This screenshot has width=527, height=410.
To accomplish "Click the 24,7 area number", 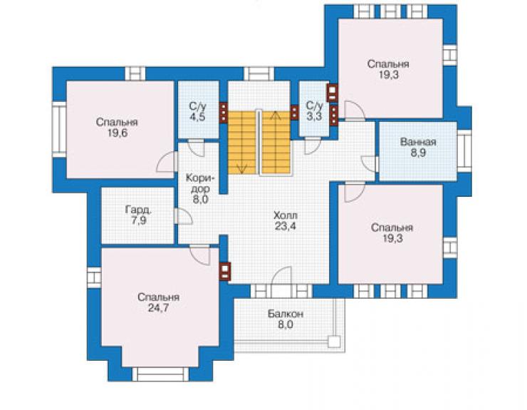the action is point(158,308).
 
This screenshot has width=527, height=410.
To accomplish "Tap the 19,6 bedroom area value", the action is point(118,133).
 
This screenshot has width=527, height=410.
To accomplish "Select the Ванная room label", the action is point(418,142).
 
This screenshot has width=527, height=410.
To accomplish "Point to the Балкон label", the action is point(286,314).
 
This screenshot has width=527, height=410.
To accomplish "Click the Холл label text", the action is point(286,215).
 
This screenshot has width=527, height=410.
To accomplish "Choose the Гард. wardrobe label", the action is point(138,210).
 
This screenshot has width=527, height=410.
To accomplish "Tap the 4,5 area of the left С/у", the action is point(197,118).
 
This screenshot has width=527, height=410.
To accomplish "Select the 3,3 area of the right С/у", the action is point(314,116).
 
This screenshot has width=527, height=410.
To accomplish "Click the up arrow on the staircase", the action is point(276,115).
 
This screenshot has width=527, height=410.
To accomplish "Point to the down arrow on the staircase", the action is point(242,168).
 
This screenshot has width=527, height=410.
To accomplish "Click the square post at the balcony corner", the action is point(334,342).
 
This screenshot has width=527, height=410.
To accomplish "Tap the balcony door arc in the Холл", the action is point(281,276).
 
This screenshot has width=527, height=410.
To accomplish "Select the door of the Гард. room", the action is point(183,217).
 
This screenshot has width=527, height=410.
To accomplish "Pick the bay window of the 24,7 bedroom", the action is point(160,374).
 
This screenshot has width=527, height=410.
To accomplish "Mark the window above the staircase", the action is point(259,73).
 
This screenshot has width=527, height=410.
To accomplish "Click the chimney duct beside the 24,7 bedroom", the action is point(225,272).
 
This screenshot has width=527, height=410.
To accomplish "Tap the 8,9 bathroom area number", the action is point(418,153).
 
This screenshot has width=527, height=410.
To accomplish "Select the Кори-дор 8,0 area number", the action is point(200,199).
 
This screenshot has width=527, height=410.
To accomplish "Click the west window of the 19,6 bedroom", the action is point(60,129).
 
